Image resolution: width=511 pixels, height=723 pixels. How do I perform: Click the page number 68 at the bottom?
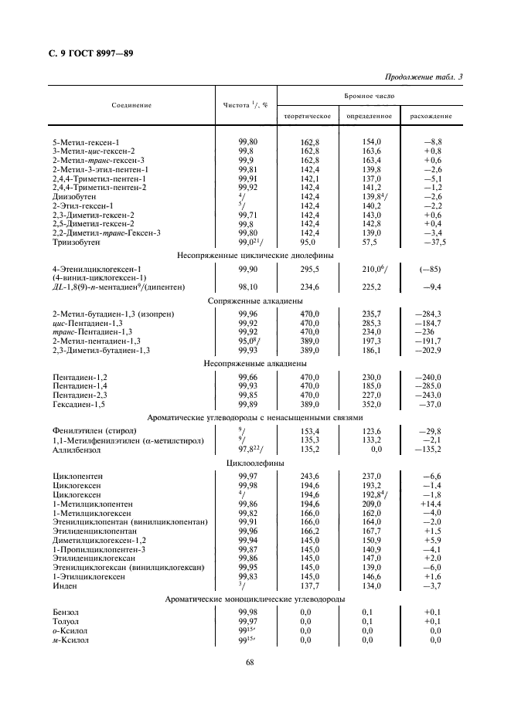click(x=250, y=661)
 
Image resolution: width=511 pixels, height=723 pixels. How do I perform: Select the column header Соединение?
click(x=131, y=105)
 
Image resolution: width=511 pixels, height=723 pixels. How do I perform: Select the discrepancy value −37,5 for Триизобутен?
click(x=428, y=243)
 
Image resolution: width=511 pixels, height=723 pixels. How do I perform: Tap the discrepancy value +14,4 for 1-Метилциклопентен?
click(x=428, y=503)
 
